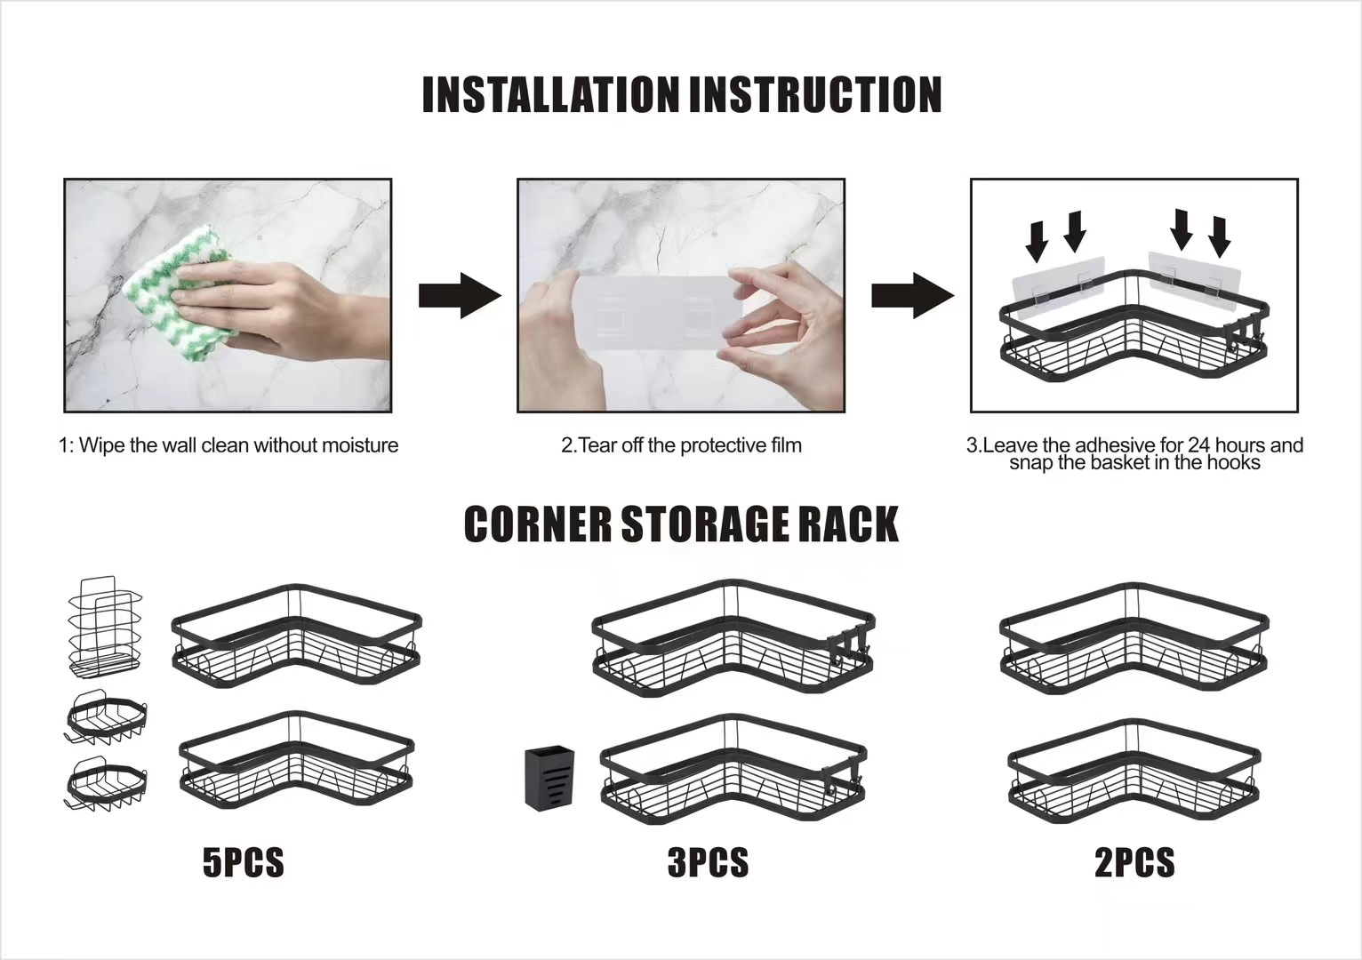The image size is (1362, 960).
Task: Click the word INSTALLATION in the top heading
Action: [x=549, y=95]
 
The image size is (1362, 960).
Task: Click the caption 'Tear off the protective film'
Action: [x=682, y=445]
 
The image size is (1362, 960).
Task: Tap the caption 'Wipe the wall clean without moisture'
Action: [x=229, y=445]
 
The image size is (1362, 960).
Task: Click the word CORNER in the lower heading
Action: [x=538, y=524]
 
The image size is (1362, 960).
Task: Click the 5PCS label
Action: [x=243, y=862]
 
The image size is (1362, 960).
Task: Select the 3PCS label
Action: [x=708, y=862]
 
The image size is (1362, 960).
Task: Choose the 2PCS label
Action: [x=1134, y=862]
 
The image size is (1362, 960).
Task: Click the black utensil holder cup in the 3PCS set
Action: [x=549, y=778]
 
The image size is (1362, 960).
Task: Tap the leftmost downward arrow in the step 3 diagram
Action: [x=1036, y=240]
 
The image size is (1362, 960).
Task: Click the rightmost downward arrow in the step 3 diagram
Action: [x=1220, y=236]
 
